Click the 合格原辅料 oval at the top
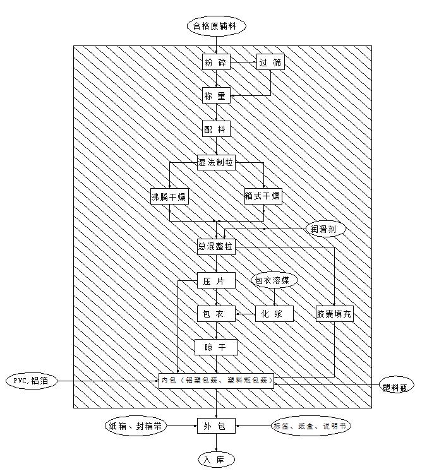click(216, 26)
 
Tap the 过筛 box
click(270, 63)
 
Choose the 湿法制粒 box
click(216, 163)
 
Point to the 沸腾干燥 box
click(169, 196)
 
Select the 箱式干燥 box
click(263, 196)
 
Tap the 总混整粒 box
click(216, 247)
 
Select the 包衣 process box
click(216, 313)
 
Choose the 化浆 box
click(274, 313)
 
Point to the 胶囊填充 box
click(334, 313)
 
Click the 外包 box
click(216, 427)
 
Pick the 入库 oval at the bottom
click(216, 460)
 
